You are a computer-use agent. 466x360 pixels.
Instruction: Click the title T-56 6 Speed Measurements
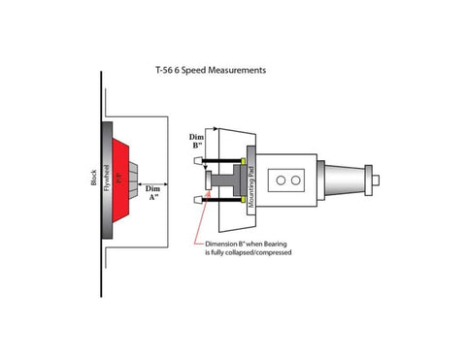[211, 71]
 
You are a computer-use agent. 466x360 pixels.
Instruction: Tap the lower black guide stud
[221, 200]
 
